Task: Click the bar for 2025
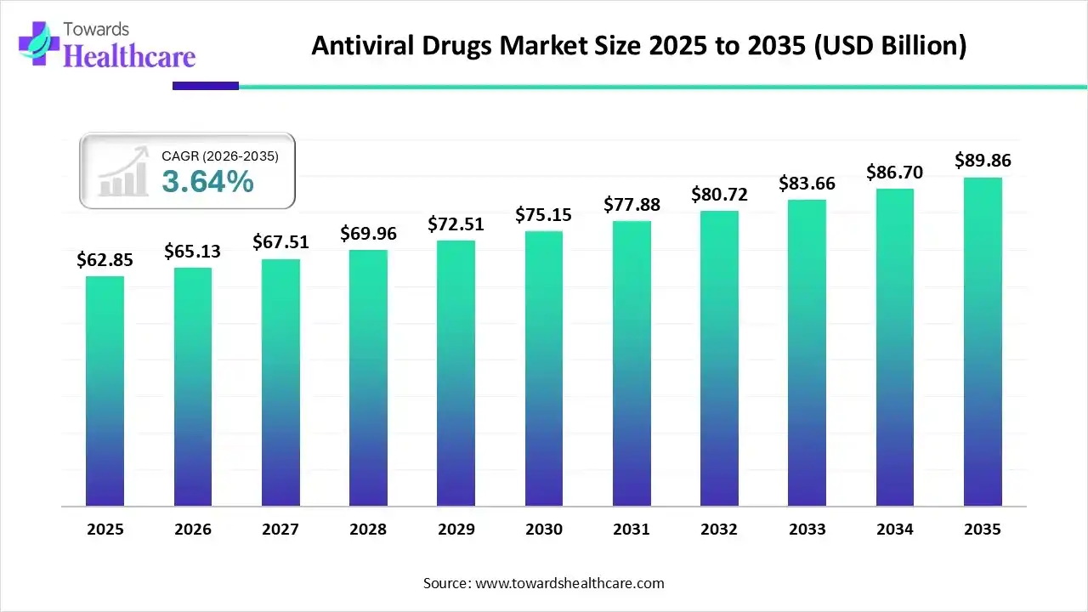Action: [x=105, y=391]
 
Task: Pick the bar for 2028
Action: [x=368, y=377]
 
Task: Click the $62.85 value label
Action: [x=105, y=260]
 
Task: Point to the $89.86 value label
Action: [x=983, y=161]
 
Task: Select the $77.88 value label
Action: [x=632, y=205]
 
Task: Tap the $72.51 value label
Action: [x=456, y=224]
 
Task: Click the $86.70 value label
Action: [x=895, y=173]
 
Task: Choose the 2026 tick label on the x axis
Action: [x=193, y=530]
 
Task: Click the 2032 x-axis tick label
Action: [x=719, y=530]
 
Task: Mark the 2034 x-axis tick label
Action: [x=895, y=530]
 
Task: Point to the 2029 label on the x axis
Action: [x=456, y=530]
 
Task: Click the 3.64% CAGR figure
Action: [x=207, y=181]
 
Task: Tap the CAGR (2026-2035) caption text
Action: [x=220, y=156]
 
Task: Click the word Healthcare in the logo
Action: [x=129, y=56]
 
